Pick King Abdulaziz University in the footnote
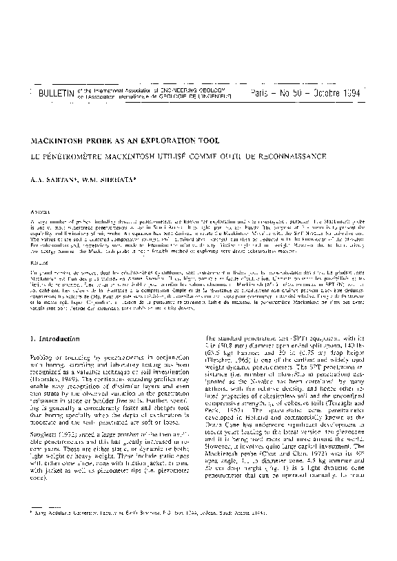[x=66, y=533]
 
